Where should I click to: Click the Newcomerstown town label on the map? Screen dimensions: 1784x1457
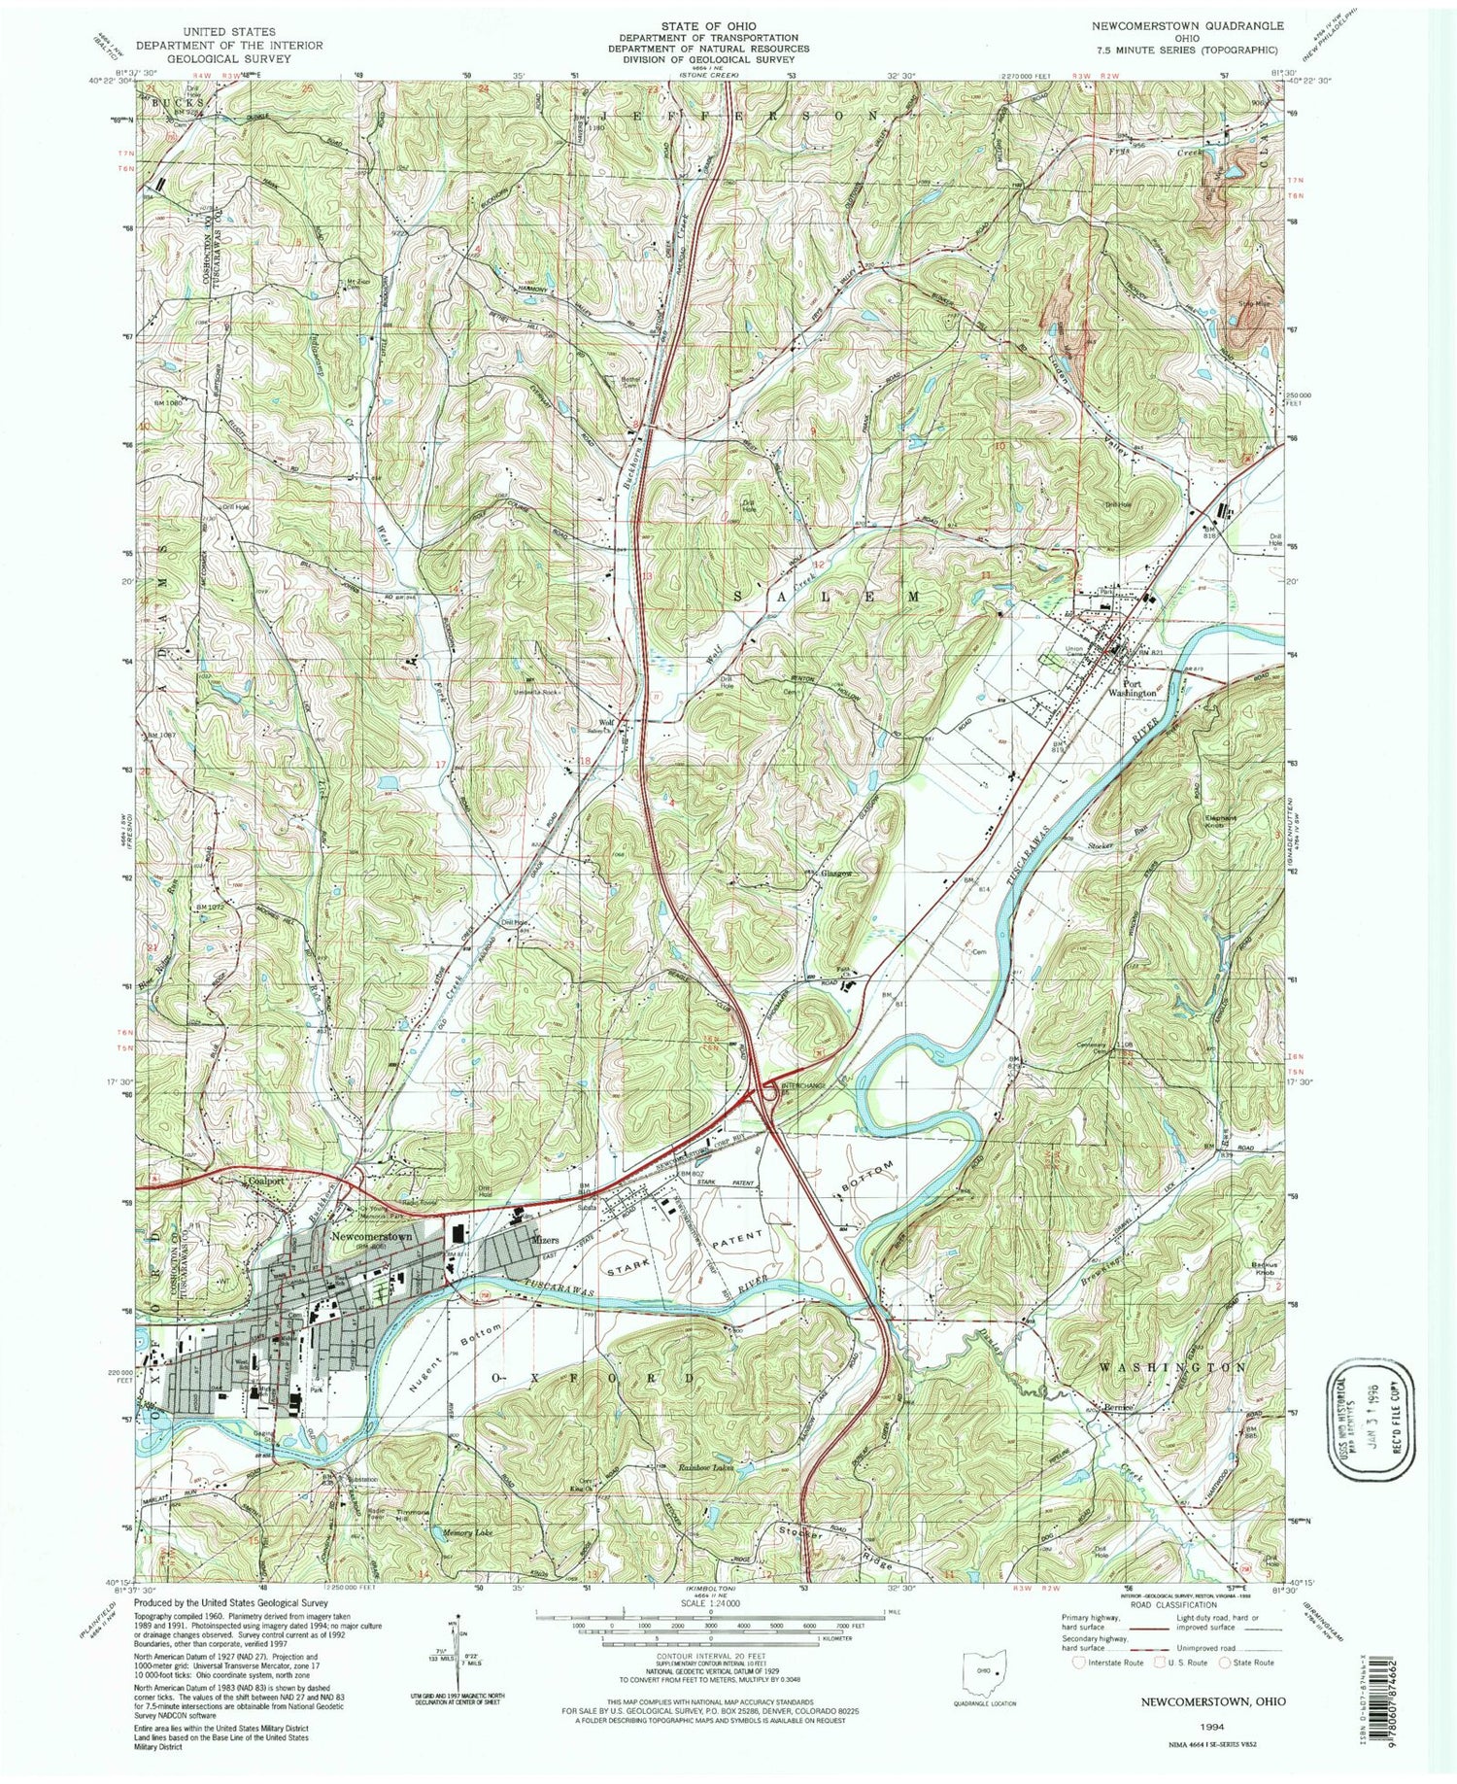pyautogui.click(x=372, y=1237)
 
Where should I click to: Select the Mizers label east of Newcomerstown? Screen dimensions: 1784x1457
pyautogui.click(x=545, y=1240)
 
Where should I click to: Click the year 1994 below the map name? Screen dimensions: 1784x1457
pyautogui.click(x=1210, y=1728)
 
